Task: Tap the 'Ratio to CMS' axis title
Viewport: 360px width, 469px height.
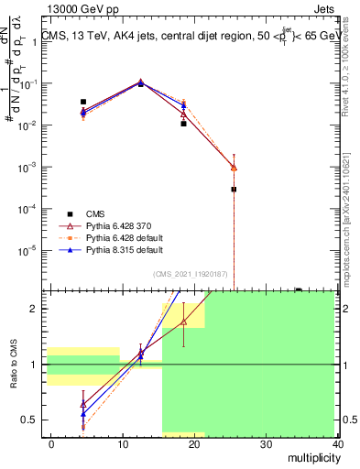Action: [12, 377]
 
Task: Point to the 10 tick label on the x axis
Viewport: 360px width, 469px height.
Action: [123, 443]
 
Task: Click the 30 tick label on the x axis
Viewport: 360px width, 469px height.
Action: [266, 443]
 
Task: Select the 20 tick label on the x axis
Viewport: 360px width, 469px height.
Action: [194, 443]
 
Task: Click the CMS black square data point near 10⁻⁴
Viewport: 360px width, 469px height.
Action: [234, 190]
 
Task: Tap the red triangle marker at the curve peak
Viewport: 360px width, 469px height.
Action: [140, 82]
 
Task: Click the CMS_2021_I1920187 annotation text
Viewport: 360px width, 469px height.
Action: [190, 273]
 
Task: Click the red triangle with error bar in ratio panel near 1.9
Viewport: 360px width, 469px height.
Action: [184, 322]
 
